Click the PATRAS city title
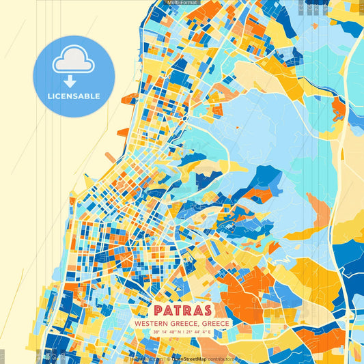tap(182, 310)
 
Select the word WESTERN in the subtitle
tap(151, 323)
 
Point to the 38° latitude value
tap(158, 333)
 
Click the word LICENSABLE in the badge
tap(74, 96)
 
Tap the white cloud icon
tap(74, 61)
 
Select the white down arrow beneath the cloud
tap(74, 82)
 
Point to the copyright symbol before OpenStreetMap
tap(168, 359)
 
